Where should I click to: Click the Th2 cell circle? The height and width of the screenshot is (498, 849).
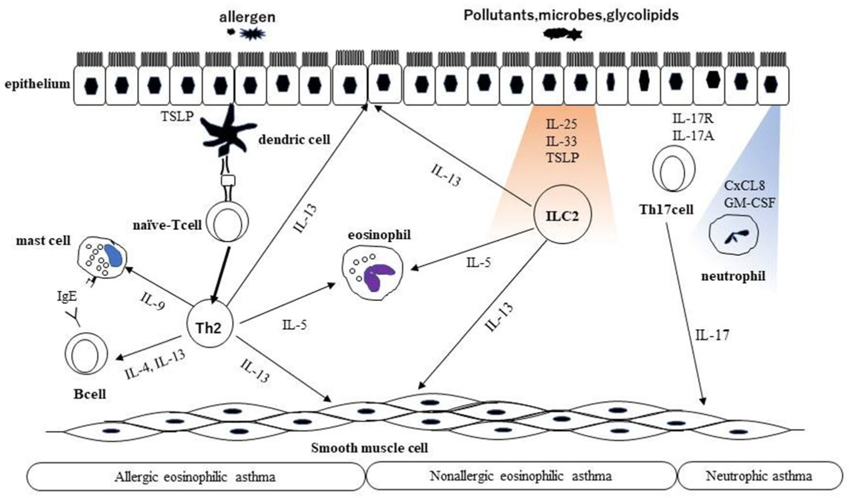coord(209,327)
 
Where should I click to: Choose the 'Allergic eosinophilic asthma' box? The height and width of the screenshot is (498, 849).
coord(195,476)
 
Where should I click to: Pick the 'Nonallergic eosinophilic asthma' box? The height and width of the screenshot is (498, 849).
coord(521,476)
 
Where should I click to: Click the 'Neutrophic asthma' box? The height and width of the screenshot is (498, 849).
coord(759,476)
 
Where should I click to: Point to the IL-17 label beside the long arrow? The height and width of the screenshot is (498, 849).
coord(712,336)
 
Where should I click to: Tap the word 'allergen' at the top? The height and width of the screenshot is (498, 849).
coord(247,17)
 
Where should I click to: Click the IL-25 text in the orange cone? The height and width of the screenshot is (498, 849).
coord(562,124)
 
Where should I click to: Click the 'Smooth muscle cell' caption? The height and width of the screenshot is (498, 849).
coord(369,448)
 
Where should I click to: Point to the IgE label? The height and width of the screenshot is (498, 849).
coord(66,297)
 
